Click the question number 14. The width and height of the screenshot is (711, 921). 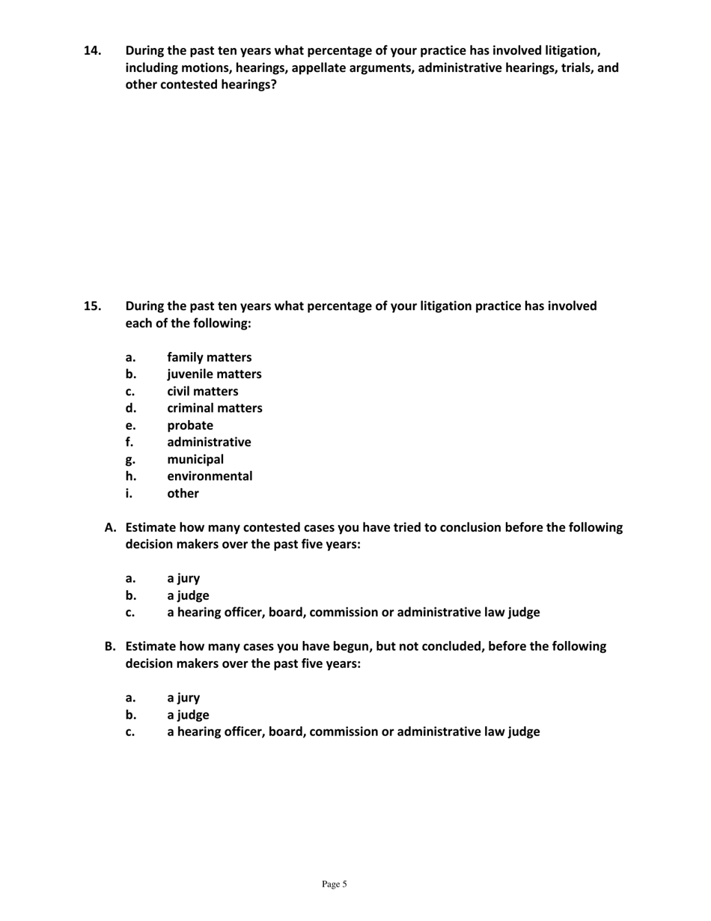(x=92, y=51)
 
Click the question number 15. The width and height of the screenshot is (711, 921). (x=92, y=306)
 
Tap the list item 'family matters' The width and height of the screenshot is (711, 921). (x=209, y=357)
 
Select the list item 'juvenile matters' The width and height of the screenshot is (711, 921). (x=214, y=374)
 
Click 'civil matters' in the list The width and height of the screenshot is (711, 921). (x=202, y=392)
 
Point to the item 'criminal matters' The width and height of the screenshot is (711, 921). (x=214, y=408)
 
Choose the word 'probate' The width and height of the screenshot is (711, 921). (x=189, y=425)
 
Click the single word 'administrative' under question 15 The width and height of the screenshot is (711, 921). (x=209, y=443)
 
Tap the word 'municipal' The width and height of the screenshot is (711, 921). (x=195, y=459)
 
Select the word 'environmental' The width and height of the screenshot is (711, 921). (x=210, y=476)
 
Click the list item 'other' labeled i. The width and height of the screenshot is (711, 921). (x=183, y=493)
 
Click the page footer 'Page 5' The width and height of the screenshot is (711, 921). (x=335, y=884)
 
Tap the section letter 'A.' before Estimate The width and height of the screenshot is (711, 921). (x=110, y=527)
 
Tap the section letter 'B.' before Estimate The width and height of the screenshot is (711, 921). (x=110, y=646)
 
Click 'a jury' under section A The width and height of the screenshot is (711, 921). (x=183, y=578)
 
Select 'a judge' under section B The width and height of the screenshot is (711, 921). (x=187, y=714)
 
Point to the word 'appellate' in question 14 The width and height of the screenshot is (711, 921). (x=312, y=68)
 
